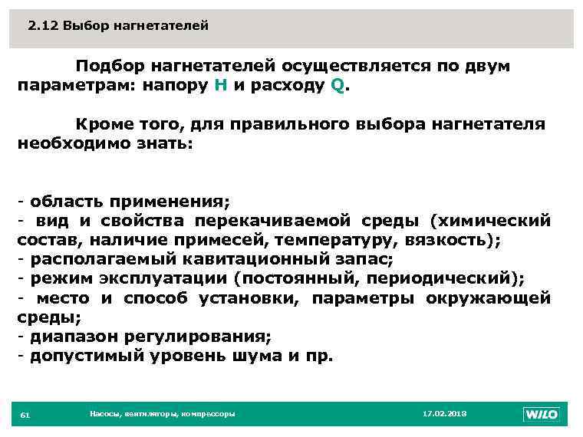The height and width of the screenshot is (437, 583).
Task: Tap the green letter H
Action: (219, 85)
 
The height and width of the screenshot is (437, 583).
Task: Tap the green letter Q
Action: (338, 85)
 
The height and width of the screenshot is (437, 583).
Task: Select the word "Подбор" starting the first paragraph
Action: (110, 66)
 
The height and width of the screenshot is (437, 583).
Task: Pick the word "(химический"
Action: (490, 222)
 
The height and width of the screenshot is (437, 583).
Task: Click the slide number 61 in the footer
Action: (25, 415)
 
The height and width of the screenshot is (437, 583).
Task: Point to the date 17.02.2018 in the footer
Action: (445, 413)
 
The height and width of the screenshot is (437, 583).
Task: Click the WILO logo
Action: (542, 414)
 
